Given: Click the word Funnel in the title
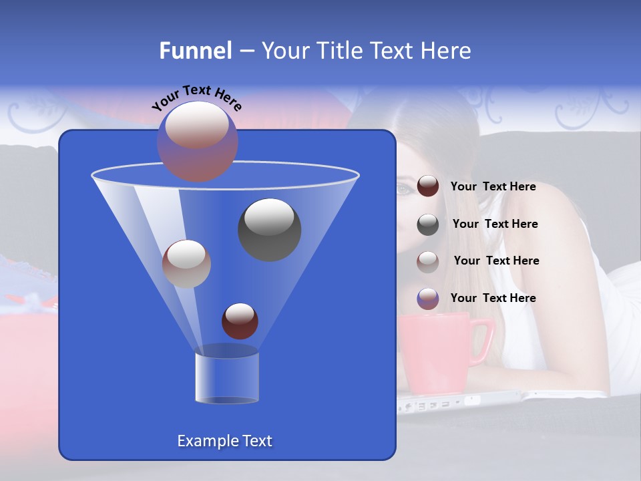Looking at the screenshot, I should click(195, 51).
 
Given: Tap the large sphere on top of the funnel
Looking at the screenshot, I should click(197, 141).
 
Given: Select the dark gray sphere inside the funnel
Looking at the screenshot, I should click(270, 230).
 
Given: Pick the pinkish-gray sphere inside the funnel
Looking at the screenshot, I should click(186, 264).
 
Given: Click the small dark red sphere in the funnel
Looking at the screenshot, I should click(240, 321).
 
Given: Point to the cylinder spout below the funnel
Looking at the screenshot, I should click(226, 377).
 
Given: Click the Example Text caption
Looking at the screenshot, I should click(224, 441).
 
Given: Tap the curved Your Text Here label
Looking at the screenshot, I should click(196, 98).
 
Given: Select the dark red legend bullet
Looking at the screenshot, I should click(428, 186).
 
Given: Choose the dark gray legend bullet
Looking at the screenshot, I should click(428, 224).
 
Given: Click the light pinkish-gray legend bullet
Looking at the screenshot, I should click(428, 262).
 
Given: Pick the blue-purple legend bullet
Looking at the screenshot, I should click(428, 299).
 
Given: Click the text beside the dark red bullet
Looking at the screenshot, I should click(493, 187).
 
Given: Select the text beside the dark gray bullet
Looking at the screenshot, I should click(495, 224).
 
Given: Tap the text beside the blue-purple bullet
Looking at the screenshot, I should click(493, 298).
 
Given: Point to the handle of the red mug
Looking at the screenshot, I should click(481, 340).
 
